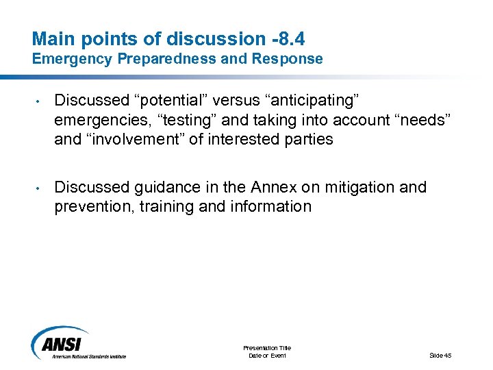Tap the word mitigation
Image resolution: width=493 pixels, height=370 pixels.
(359, 187)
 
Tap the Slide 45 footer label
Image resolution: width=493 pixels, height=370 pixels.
(440, 355)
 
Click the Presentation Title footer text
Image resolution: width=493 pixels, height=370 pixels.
(267, 348)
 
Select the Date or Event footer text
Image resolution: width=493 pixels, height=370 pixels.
(267, 355)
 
